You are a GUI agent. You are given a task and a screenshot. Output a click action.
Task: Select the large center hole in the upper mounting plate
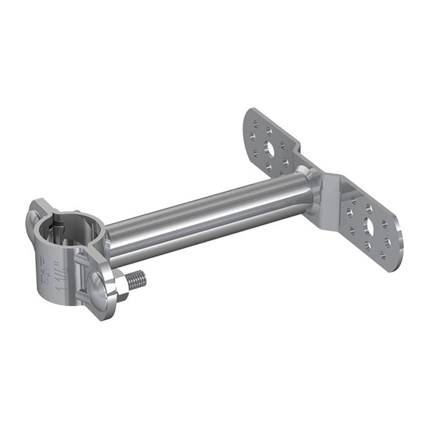coord(270,147)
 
